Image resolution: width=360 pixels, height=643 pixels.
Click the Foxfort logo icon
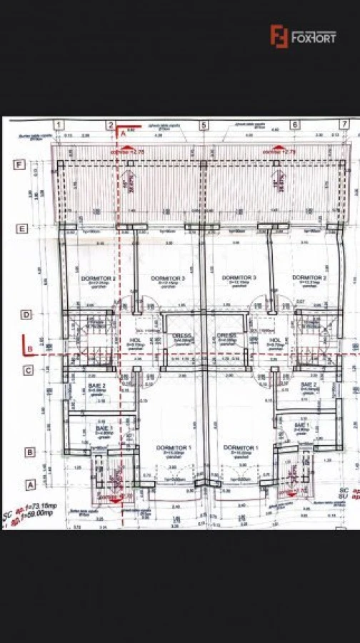279,36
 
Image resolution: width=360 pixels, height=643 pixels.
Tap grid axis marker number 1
59,125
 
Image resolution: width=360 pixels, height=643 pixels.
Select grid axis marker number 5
204,125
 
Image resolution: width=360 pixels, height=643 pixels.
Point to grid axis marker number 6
294,125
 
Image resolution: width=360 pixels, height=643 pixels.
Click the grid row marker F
21,164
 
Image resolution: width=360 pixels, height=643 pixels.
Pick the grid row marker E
22,229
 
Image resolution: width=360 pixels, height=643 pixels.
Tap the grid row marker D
26,314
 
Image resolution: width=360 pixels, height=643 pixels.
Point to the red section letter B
29,348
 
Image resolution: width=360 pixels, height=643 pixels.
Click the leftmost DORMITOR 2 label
94,278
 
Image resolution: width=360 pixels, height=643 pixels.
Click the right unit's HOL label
275,340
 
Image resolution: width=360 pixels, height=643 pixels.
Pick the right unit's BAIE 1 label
302,425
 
